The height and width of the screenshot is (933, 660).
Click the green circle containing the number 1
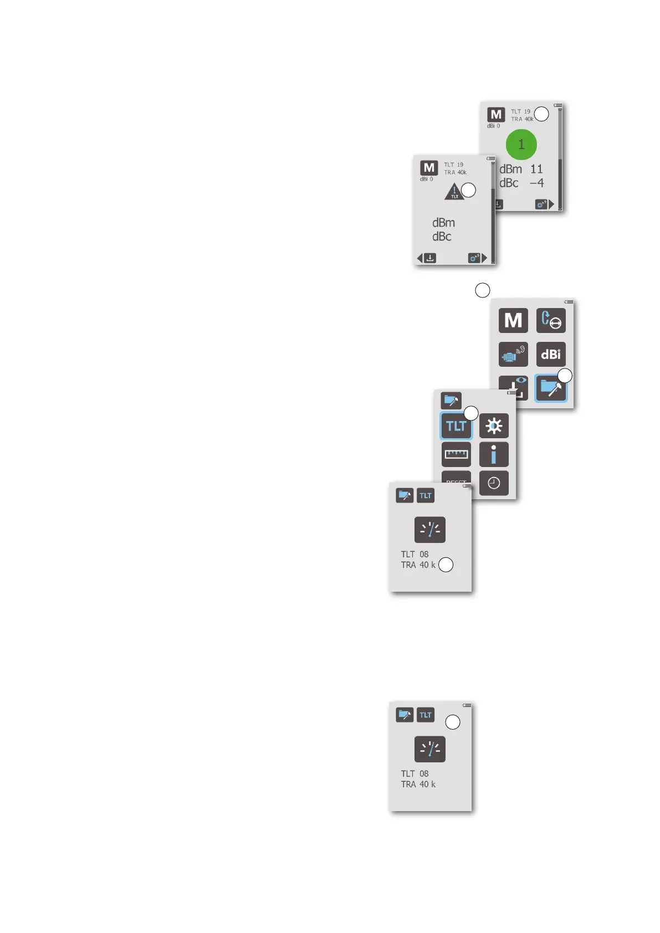pos(521,145)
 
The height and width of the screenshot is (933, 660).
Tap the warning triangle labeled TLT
pos(454,192)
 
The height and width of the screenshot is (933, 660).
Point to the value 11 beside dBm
pos(536,169)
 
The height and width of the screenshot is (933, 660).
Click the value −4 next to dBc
pos(536,183)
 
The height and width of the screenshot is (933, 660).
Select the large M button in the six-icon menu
pos(513,320)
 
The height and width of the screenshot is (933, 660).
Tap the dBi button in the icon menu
pos(551,355)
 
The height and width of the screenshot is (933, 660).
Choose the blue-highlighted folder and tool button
pos(550,388)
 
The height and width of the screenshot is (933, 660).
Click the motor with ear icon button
pos(513,355)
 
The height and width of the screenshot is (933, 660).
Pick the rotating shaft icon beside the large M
pos(551,320)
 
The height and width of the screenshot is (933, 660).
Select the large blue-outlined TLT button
pos(456,426)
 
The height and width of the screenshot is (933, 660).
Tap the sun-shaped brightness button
pos(494,426)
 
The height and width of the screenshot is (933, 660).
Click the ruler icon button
pos(456,454)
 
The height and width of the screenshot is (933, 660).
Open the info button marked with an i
pos(494,454)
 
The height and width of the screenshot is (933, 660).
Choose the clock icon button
pos(494,483)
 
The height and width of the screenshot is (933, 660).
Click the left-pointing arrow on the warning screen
pos(419,258)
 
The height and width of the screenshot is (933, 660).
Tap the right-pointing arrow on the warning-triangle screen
pos(484,258)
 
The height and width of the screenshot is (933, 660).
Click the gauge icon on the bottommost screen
pos(429,749)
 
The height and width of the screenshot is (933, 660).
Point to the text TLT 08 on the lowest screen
pos(415,773)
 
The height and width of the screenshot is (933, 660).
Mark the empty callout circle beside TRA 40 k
pos(446,565)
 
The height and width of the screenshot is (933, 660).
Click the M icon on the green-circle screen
pos(496,115)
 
